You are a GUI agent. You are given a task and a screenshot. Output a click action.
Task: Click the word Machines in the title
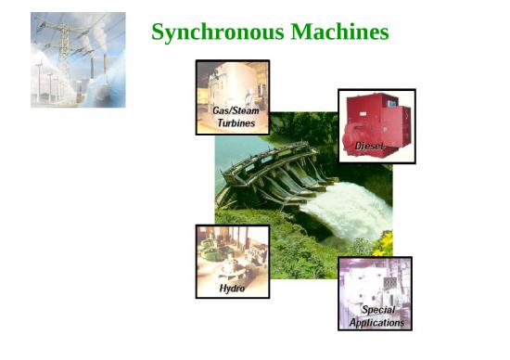coord(339,32)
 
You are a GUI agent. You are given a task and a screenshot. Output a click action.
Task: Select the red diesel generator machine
coord(376,121)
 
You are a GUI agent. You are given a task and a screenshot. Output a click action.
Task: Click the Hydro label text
coord(232,289)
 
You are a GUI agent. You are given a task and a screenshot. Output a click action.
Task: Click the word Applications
coord(376,322)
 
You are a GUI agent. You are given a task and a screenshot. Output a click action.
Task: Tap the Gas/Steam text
coord(232,110)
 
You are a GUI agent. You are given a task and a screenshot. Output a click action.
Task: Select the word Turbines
coord(232,122)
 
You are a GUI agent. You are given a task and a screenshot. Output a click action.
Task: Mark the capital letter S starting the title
coord(159,32)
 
